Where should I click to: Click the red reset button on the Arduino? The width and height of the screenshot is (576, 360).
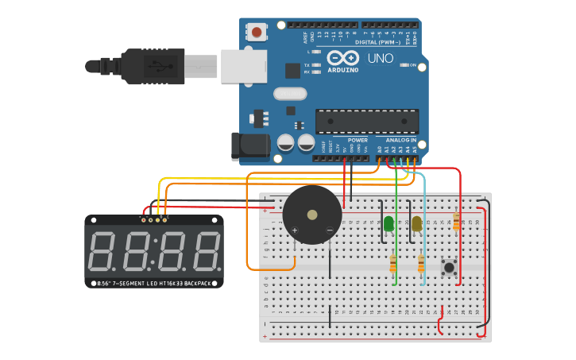(x=257, y=33)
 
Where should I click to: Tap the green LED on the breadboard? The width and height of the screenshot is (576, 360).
(x=389, y=224)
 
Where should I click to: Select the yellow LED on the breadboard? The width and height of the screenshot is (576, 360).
(x=416, y=224)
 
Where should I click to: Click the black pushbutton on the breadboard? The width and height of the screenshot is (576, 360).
(x=450, y=267)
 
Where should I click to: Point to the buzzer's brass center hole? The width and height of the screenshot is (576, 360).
(x=312, y=215)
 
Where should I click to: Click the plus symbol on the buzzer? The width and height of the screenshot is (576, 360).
(x=295, y=230)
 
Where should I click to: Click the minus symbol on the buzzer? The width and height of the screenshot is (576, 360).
(x=329, y=230)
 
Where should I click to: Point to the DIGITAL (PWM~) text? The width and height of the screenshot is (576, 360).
(x=378, y=42)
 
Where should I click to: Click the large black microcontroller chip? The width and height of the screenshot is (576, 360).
(x=367, y=122)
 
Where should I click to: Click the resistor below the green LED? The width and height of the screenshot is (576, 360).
(x=393, y=263)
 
